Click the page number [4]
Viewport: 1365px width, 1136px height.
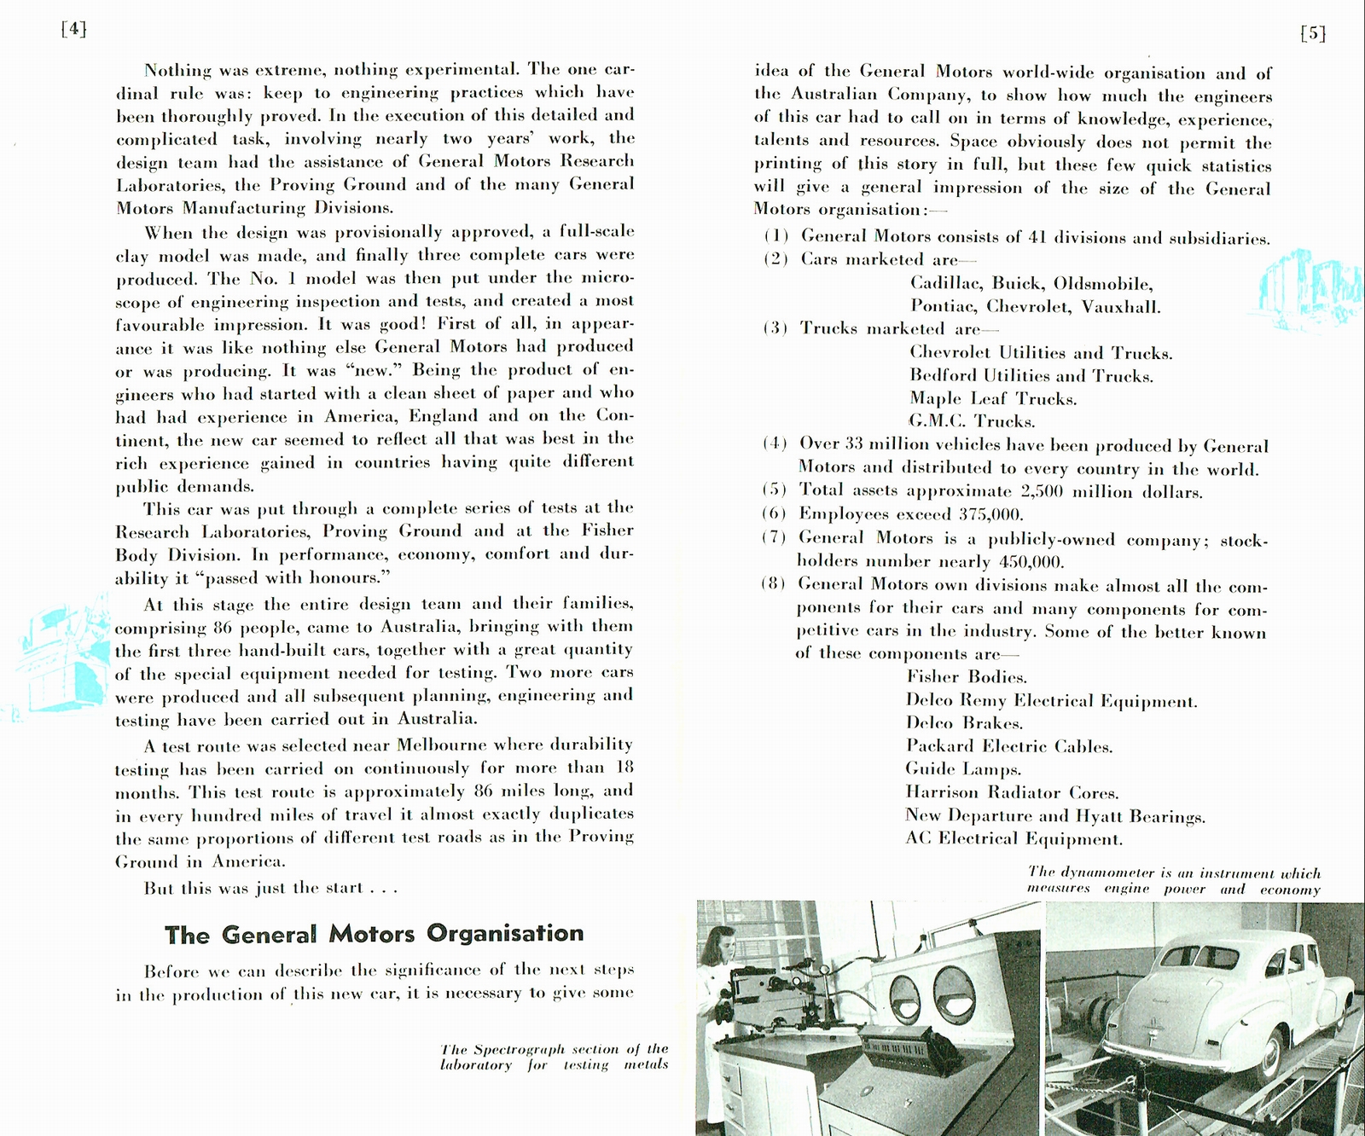point(74,29)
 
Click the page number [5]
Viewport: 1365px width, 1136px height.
point(1312,33)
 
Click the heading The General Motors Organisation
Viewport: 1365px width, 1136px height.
point(375,934)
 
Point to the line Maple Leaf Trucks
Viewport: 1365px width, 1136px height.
point(993,398)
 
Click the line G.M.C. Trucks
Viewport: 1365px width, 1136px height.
point(972,421)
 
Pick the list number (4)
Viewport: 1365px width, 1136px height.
point(775,443)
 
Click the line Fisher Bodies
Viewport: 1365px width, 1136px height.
point(966,677)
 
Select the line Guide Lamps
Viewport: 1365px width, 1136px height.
point(963,769)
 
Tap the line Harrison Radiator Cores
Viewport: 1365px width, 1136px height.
point(1012,792)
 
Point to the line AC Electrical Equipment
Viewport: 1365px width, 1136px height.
point(1014,838)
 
